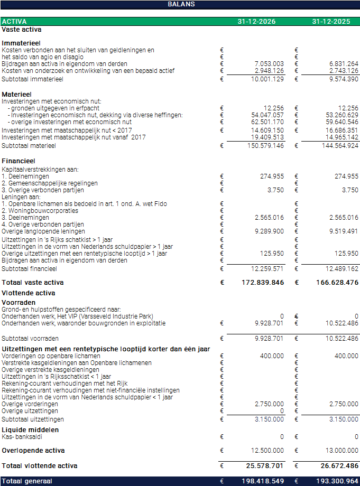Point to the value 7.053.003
[269, 64]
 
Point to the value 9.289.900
[269, 231]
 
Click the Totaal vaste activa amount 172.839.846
[263, 283]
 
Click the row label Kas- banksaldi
[22, 437]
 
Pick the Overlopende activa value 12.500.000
[267, 451]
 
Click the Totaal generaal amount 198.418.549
[263, 481]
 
